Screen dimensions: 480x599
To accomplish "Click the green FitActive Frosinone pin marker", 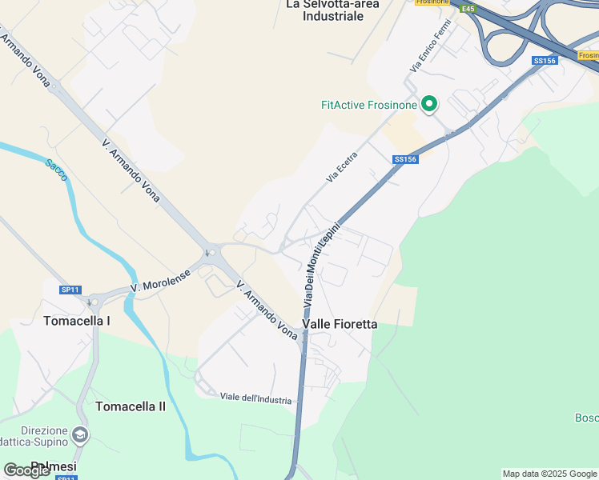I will tap(429, 104).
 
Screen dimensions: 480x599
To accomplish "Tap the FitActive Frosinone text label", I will tap(369, 105).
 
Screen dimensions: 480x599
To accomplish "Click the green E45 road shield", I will tap(468, 9).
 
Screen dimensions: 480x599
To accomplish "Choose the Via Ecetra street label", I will tap(341, 167).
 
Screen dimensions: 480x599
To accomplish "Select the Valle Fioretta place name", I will tap(340, 324).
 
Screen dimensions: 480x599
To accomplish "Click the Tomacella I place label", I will tap(77, 321).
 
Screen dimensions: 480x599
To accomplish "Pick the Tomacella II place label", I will tap(131, 406).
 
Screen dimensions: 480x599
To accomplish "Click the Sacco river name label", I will tap(56, 170).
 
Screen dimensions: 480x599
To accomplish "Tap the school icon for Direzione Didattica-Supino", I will tap(79, 434).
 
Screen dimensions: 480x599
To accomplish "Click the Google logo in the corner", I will tap(26, 470).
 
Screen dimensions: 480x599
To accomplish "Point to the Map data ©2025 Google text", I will tap(549, 474).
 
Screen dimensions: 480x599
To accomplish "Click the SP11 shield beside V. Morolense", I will tap(70, 289).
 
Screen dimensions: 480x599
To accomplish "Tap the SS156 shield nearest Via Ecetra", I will tap(405, 159).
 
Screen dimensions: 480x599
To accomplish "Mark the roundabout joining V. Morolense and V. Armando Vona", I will tap(211, 253).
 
